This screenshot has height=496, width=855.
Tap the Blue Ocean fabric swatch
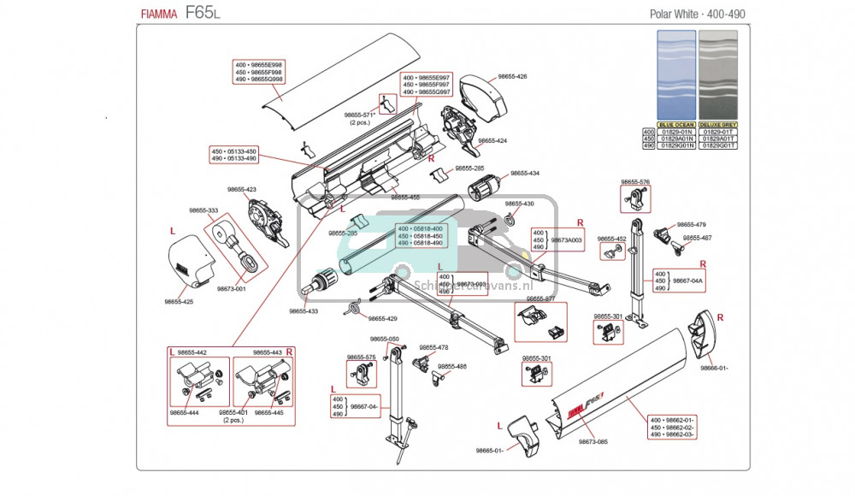[x=676, y=74]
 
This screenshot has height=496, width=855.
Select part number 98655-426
[x=510, y=76]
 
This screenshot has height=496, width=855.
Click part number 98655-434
[x=525, y=174]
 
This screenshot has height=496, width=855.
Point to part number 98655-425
[x=179, y=301]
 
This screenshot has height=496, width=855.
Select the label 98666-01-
[x=714, y=368]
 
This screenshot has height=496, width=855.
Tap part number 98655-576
[x=635, y=182]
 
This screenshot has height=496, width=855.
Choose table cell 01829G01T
[x=716, y=146]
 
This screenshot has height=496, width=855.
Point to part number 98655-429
[x=382, y=319]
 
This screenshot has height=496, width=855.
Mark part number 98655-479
[x=691, y=224]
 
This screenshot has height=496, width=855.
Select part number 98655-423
[x=242, y=189]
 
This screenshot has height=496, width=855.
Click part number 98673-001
[x=231, y=289]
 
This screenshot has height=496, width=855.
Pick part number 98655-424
[x=492, y=140]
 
